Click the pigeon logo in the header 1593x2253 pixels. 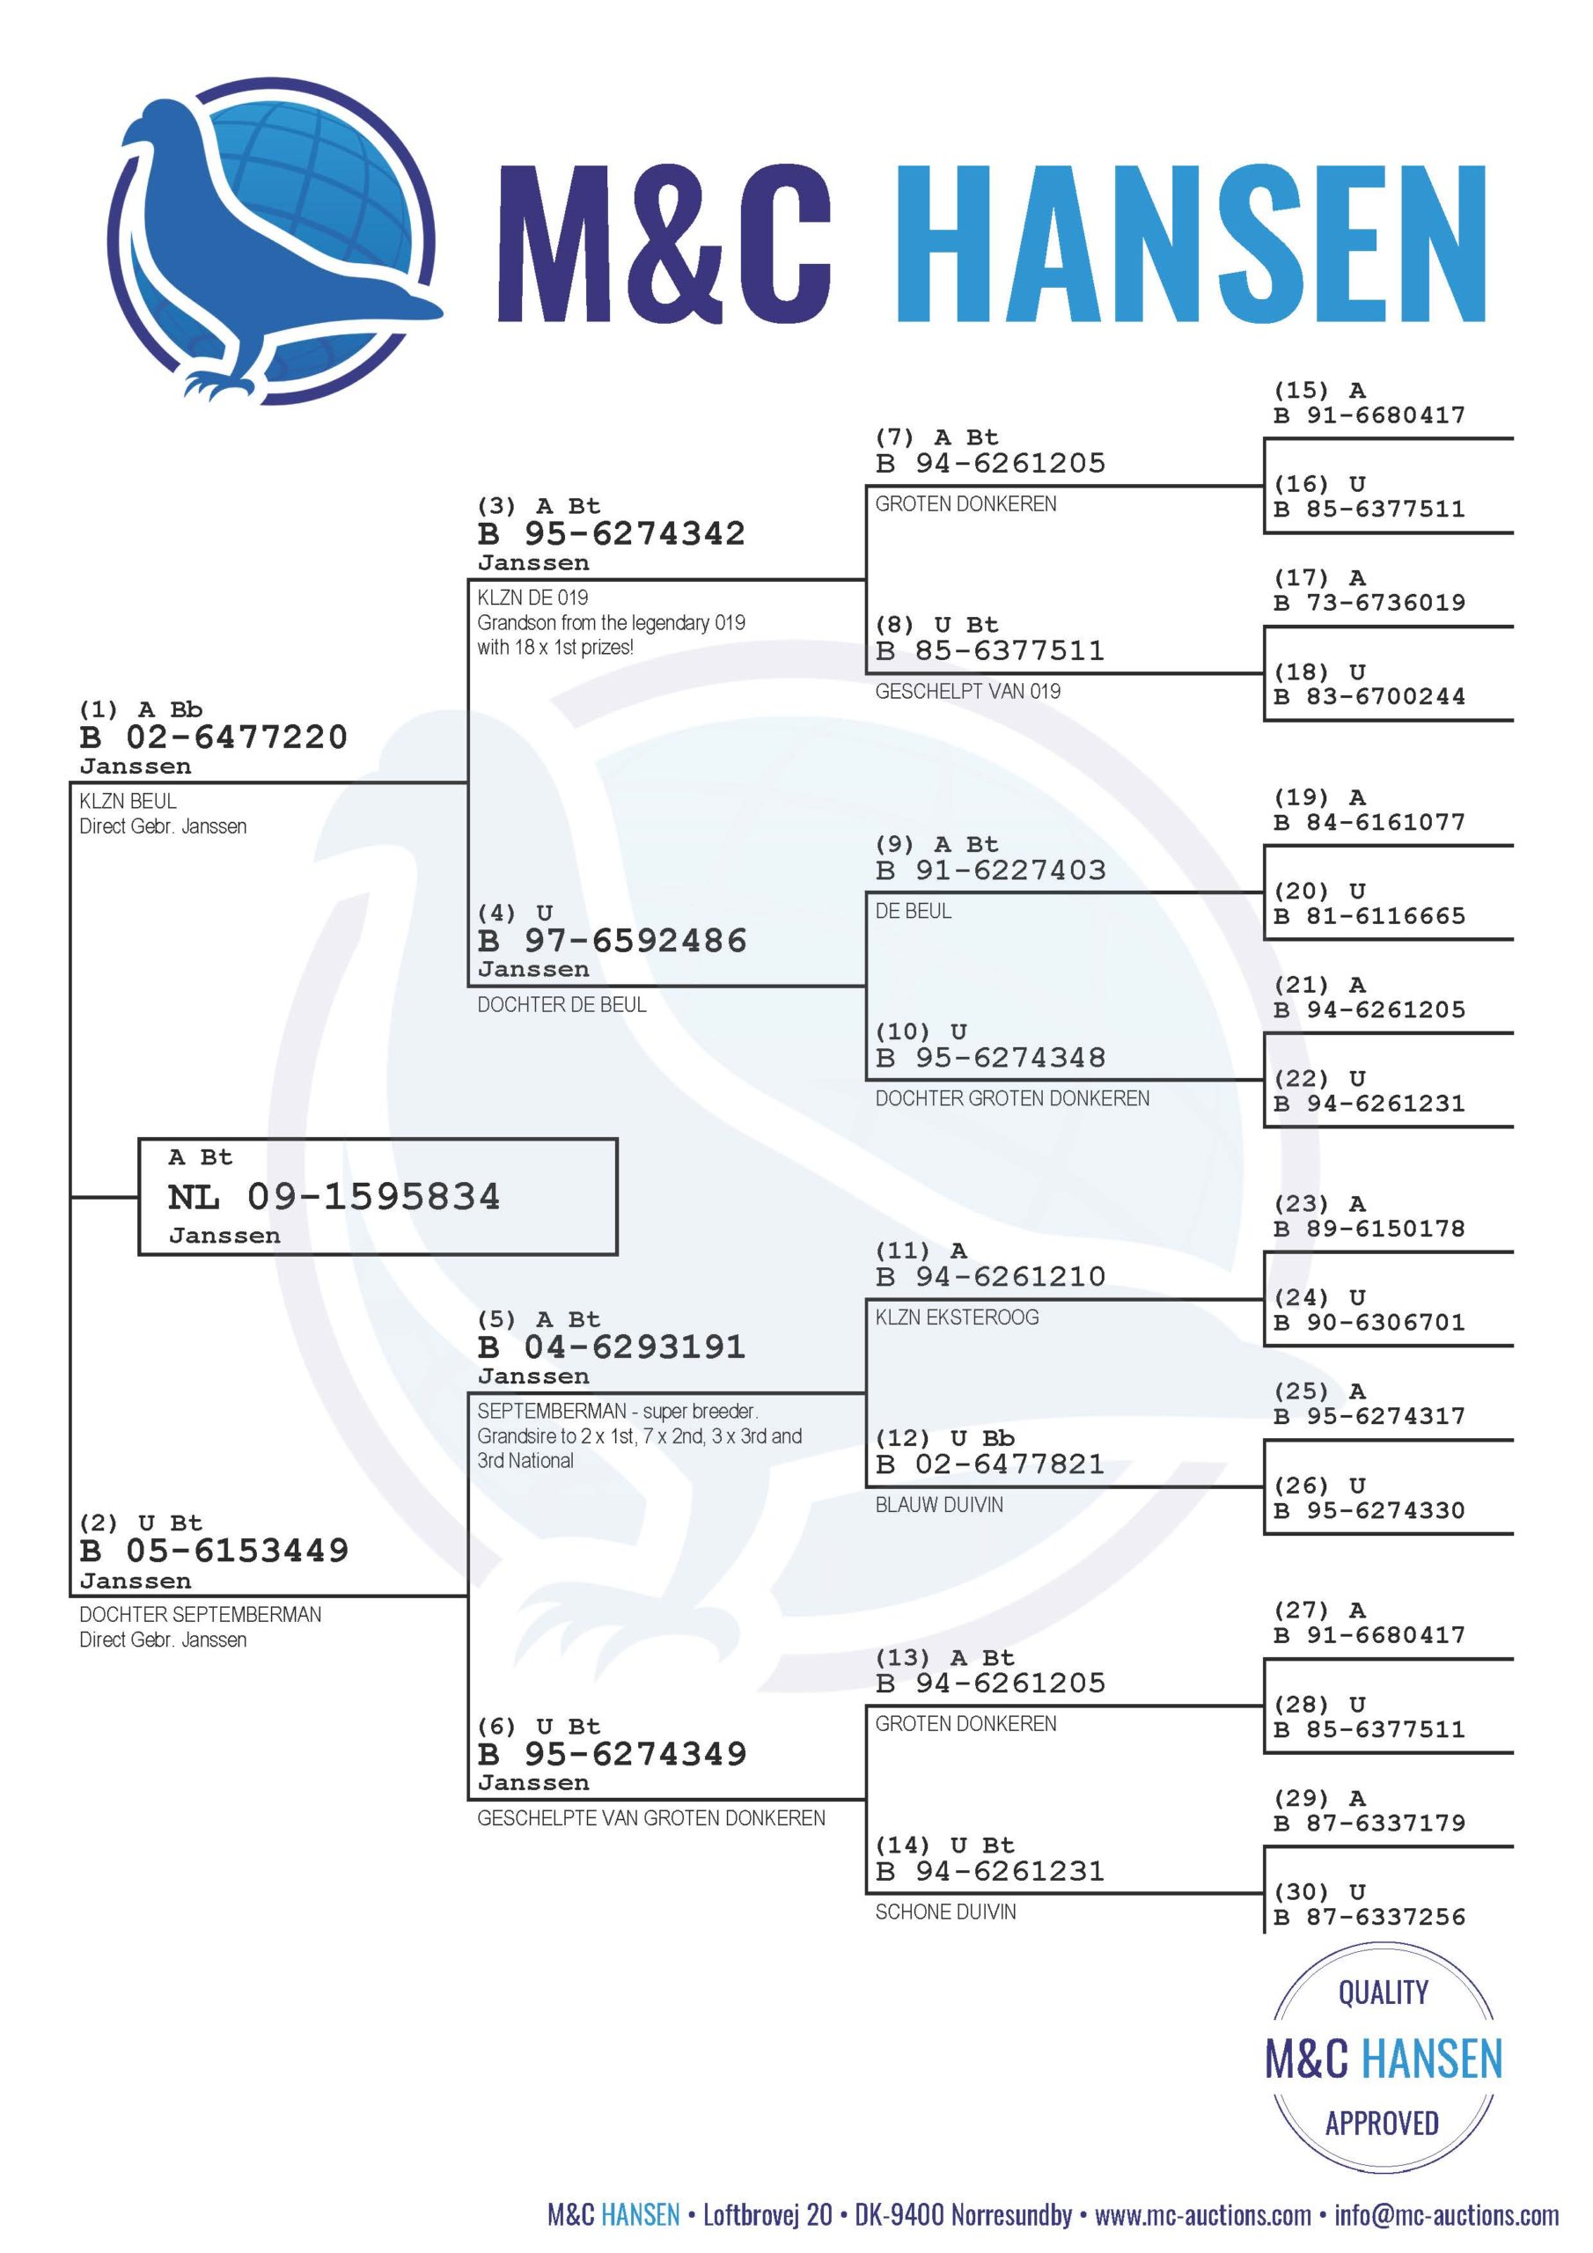coord(274,240)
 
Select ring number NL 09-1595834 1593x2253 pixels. coord(334,1196)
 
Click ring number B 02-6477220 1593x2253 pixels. coord(214,737)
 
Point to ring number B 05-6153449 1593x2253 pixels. coord(214,1551)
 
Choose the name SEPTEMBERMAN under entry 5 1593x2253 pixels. coord(552,1411)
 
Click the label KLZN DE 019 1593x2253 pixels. coord(533,598)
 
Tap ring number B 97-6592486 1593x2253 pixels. coord(613,940)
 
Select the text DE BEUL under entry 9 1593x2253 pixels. coord(913,911)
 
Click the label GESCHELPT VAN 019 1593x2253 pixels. coord(968,691)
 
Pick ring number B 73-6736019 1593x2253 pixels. coord(1369,603)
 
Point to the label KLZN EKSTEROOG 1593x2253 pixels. coord(957,1317)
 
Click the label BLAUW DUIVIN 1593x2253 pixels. coord(939,1504)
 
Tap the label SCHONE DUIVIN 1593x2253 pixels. coord(946,1912)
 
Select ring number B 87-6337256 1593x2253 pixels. coord(1369,1917)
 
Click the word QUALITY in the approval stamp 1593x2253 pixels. coord(1383,1993)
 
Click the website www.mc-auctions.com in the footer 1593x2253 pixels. coord(1203,2215)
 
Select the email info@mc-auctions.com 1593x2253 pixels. coord(1447,2215)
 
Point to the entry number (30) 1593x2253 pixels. coord(1301,1892)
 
